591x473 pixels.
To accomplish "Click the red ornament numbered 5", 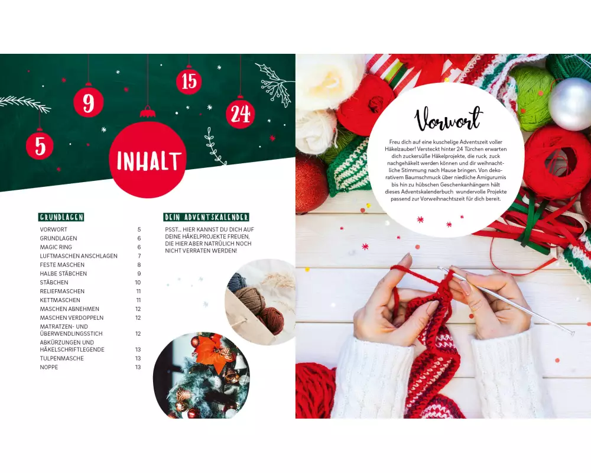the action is [x=40, y=145].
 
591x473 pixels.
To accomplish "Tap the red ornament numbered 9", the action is [x=89, y=103].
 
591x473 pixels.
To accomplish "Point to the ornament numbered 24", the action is [x=240, y=114].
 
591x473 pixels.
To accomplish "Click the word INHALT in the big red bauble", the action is [x=148, y=161].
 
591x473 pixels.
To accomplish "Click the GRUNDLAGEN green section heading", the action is [x=61, y=217].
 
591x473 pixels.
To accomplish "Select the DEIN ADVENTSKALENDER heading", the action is [x=206, y=217].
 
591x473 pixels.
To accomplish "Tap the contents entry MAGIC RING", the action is [x=56, y=247].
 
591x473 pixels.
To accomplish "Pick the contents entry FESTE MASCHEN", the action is [x=62, y=265].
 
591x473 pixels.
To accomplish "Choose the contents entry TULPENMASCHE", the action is [x=62, y=358].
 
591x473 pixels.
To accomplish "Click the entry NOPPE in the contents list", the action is [x=49, y=367].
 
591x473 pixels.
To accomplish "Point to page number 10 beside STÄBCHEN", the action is [x=138, y=283].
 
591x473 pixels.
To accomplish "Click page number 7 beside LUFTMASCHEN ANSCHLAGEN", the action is [x=139, y=256].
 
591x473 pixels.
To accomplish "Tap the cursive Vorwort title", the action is [x=448, y=119].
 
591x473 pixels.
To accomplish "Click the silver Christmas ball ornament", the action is [x=571, y=104].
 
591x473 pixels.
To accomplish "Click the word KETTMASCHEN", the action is [x=60, y=300].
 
